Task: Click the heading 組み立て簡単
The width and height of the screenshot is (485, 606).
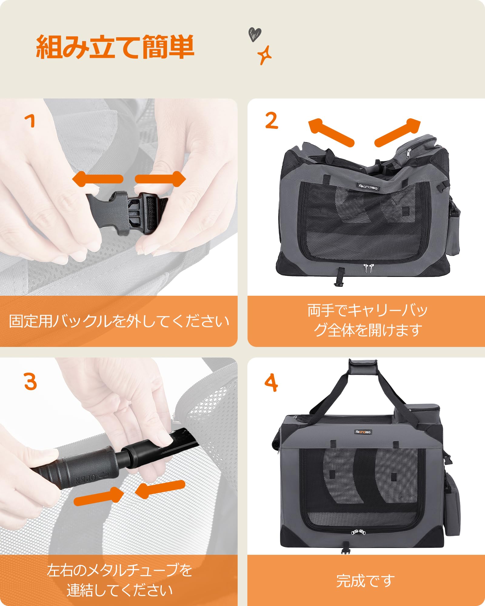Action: click(x=115, y=47)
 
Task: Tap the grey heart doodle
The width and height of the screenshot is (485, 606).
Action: click(x=255, y=34)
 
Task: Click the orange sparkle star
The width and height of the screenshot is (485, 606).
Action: click(x=264, y=55)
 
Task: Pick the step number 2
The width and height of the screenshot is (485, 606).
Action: click(x=271, y=121)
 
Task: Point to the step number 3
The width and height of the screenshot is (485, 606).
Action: click(x=30, y=381)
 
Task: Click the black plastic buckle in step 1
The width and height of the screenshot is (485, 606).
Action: click(x=127, y=212)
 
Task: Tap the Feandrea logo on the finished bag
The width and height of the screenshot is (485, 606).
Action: click(x=363, y=432)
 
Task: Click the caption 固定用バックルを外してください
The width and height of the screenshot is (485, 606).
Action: click(x=119, y=321)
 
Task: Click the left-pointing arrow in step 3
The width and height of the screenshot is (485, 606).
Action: click(x=160, y=489)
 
